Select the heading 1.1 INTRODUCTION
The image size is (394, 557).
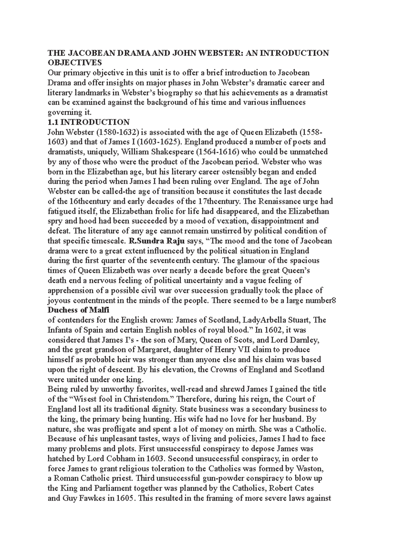[89, 122]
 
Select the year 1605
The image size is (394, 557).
[125, 498]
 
